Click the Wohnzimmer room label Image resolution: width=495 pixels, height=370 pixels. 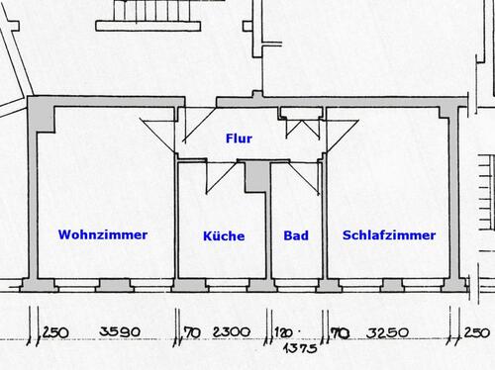point(103,235)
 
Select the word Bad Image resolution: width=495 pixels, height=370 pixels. point(295,236)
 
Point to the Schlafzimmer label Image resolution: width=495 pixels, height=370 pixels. point(389,235)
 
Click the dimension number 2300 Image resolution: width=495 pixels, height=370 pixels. point(230,331)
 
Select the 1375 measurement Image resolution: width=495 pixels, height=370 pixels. point(297,348)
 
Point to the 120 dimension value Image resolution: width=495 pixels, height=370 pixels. point(285,332)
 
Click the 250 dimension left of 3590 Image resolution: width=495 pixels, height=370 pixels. point(55,331)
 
